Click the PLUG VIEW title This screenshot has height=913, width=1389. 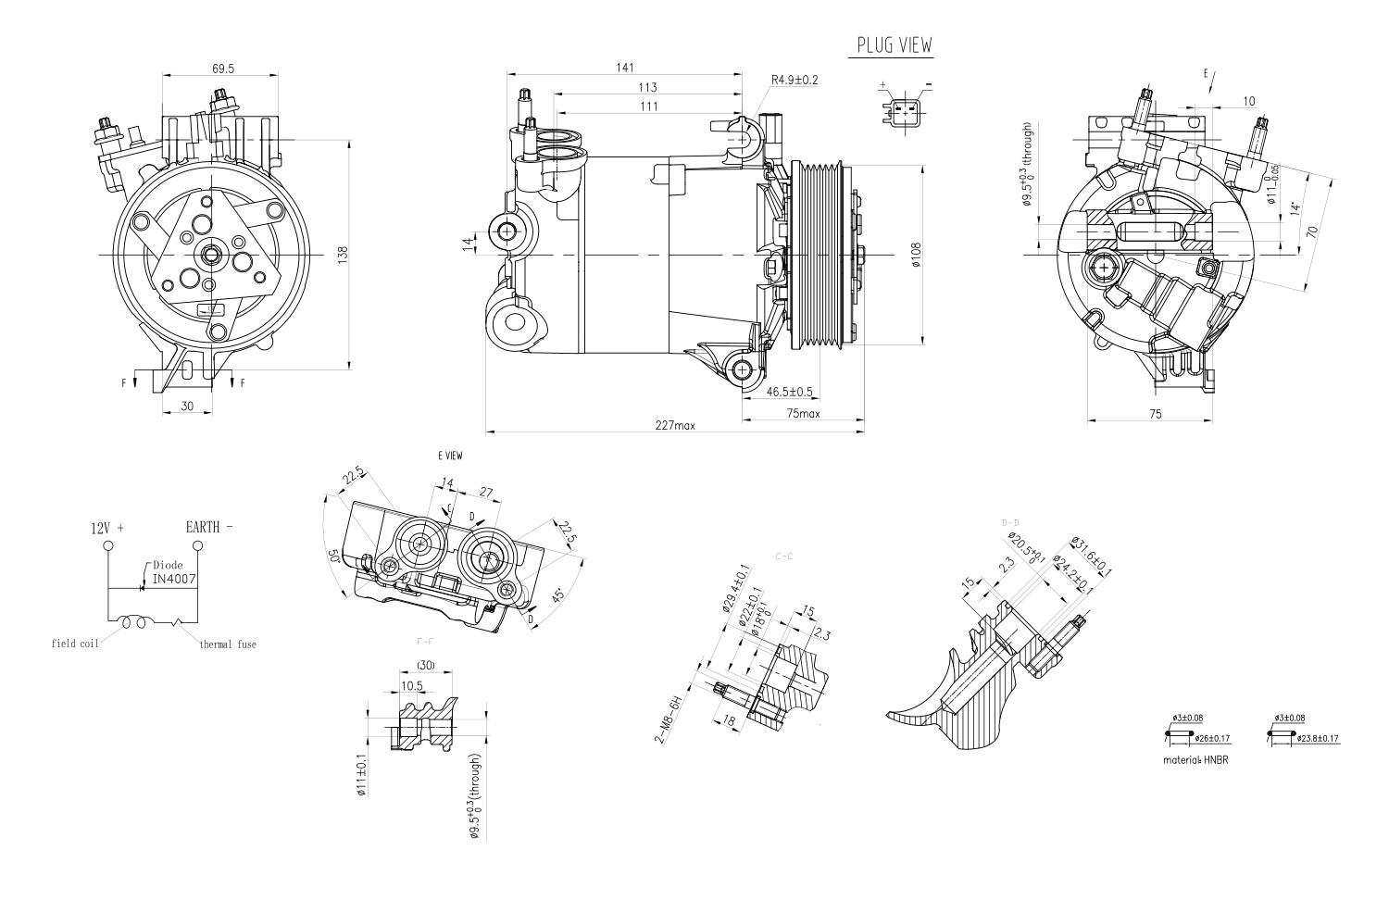(894, 44)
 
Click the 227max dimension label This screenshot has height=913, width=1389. (674, 426)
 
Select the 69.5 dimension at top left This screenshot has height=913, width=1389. (222, 69)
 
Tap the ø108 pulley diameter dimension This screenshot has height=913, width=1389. (915, 255)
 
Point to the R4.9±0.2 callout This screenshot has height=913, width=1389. (795, 81)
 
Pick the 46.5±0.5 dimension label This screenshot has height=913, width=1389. (790, 391)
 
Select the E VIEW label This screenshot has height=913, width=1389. (450, 456)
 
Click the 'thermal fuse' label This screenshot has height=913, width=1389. (228, 644)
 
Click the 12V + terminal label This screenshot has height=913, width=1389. (106, 528)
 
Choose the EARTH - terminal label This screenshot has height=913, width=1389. (208, 527)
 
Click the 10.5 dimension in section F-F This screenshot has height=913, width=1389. (412, 686)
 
